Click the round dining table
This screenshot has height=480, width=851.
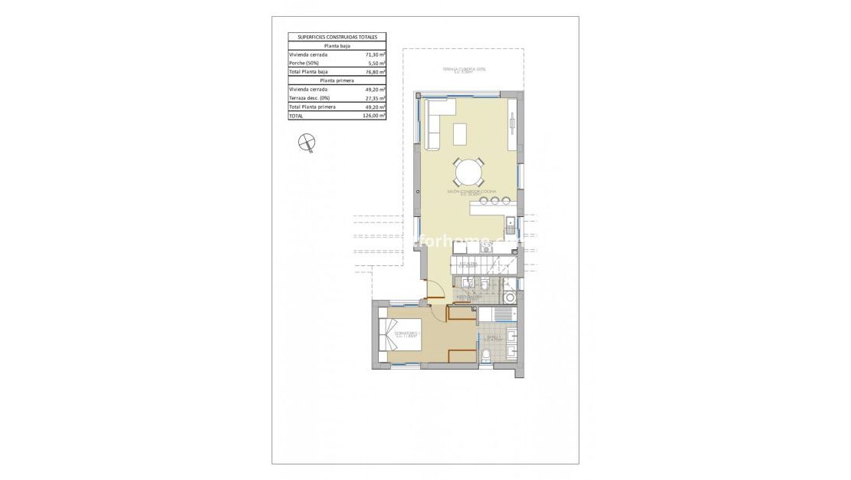468,171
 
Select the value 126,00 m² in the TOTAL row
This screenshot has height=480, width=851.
373,116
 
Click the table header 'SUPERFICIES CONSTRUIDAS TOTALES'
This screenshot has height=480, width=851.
337,37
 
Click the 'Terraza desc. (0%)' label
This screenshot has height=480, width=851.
308,98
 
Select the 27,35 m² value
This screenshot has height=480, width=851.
375,98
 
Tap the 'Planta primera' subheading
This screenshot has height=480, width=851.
337,81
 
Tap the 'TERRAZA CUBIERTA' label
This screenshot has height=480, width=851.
465,70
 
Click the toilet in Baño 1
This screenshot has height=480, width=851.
488,353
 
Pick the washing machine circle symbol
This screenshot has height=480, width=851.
511,299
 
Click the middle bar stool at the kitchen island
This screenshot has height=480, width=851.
495,202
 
